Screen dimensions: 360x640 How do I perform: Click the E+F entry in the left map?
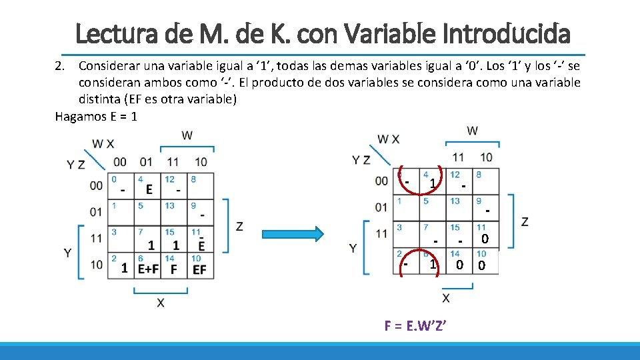pyautogui.click(x=148, y=269)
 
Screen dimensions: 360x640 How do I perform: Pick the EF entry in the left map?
pyautogui.click(x=199, y=269)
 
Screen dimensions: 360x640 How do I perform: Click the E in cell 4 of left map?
pyautogui.click(x=149, y=190)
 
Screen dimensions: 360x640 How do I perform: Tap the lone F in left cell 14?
pyautogui.click(x=174, y=269)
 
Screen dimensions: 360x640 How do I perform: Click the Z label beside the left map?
pyautogui.click(x=239, y=227)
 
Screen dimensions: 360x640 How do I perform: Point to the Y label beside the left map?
pyautogui.click(x=68, y=253)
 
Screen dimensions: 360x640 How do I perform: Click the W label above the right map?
pyautogui.click(x=472, y=130)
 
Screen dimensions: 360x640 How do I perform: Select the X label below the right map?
pyautogui.click(x=445, y=297)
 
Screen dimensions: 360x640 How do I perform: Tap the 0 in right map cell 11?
pyautogui.click(x=485, y=239)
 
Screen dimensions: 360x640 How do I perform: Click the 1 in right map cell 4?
pyautogui.click(x=433, y=183)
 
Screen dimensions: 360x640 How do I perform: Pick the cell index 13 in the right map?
pyautogui.click(x=455, y=201)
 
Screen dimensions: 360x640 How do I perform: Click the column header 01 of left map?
pyautogui.click(x=146, y=162)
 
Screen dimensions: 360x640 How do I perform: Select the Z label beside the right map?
pyautogui.click(x=525, y=221)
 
